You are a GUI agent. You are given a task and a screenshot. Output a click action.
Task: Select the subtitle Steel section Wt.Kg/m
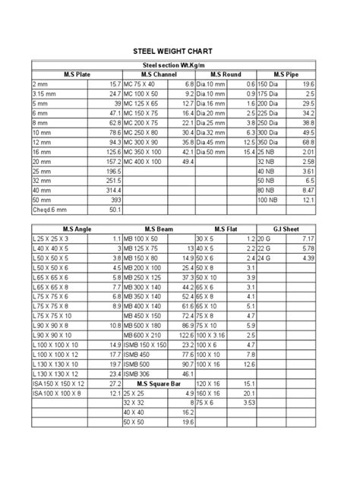coord(179,66)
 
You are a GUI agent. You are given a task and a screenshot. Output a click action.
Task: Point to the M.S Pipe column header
coord(285,74)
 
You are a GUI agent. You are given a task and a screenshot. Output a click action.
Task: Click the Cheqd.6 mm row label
coord(47,209)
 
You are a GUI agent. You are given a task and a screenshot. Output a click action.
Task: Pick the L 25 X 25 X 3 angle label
coord(50,238)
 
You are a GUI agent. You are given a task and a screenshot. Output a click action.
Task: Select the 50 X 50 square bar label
coord(134,422)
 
